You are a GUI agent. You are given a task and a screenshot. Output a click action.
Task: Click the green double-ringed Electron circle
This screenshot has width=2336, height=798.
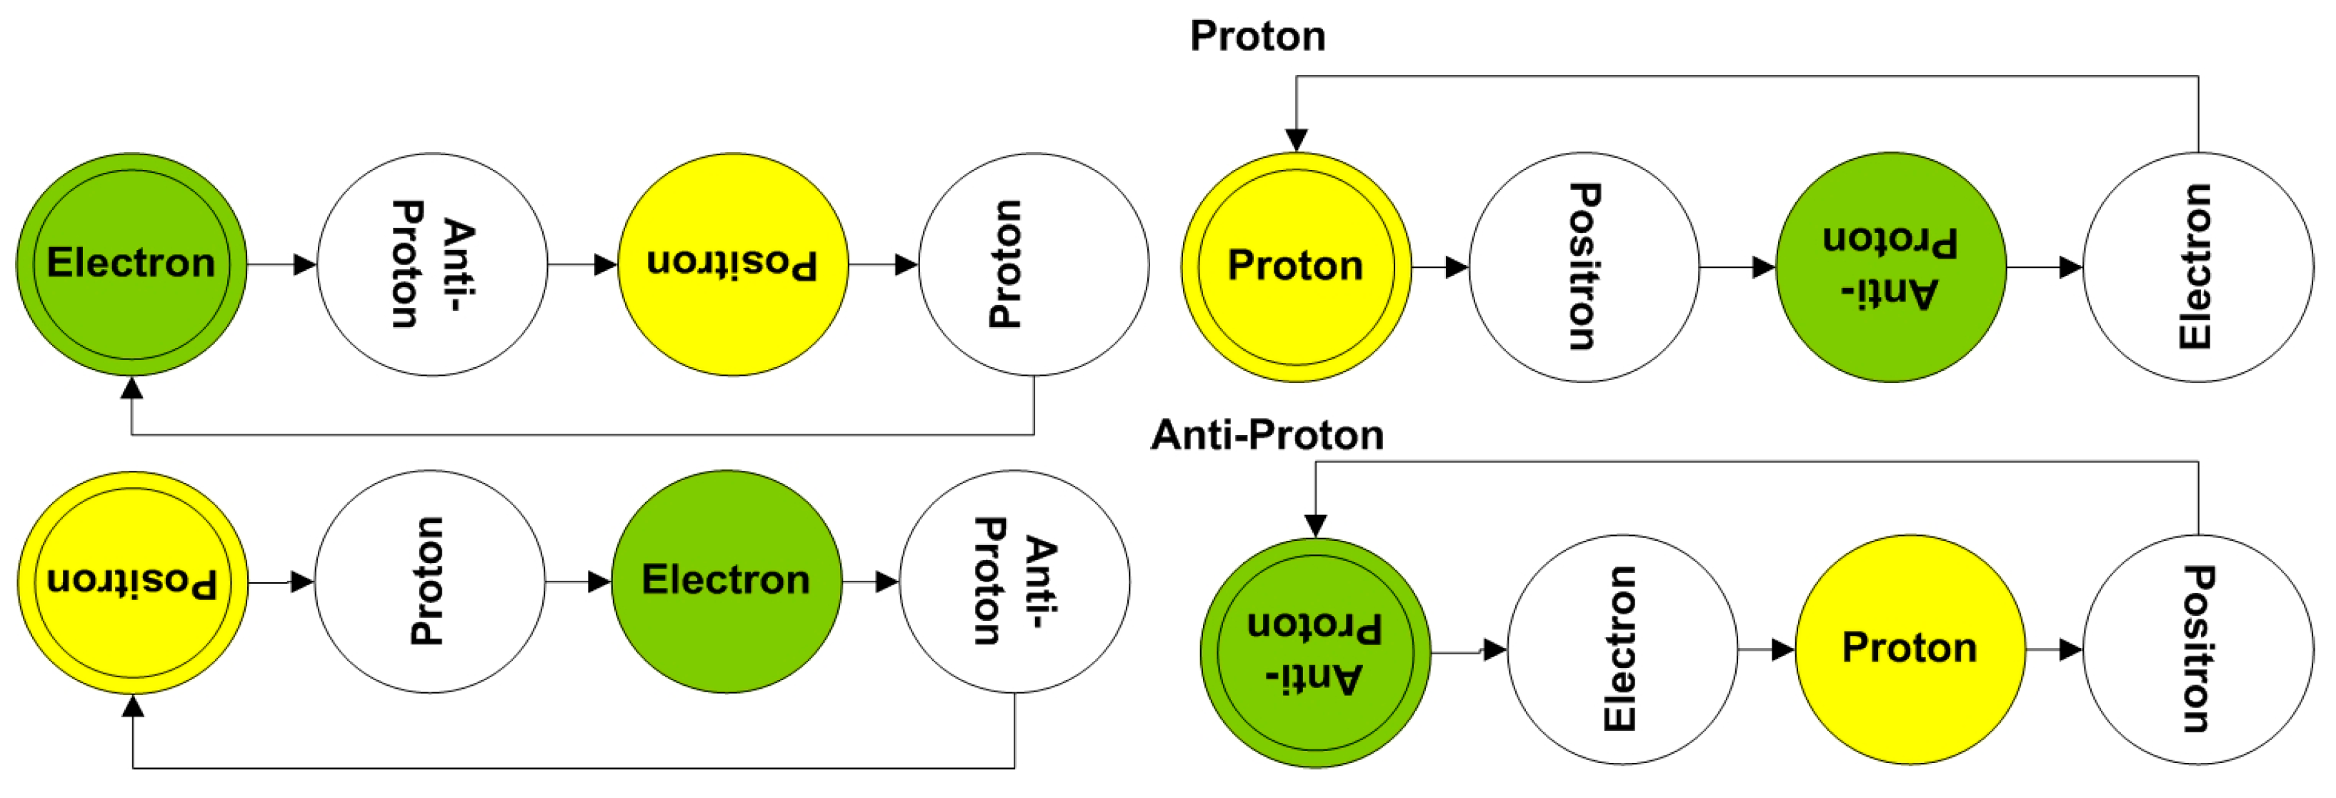click(131, 264)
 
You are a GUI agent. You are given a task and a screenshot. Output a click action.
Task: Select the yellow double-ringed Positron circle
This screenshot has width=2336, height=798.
click(132, 582)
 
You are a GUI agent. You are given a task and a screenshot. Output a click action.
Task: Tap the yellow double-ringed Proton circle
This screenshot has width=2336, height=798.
click(1296, 266)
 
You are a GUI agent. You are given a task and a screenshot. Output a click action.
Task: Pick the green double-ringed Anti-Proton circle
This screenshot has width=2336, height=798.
click(1315, 652)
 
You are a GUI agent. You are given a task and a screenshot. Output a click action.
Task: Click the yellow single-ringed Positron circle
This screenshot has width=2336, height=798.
click(733, 264)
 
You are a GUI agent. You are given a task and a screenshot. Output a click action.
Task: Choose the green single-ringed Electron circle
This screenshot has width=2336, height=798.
click(727, 582)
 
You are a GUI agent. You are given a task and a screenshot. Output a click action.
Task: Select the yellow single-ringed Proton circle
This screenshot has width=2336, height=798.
click(1910, 649)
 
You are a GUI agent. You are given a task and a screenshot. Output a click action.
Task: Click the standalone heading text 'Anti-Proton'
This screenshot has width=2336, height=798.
click(1267, 435)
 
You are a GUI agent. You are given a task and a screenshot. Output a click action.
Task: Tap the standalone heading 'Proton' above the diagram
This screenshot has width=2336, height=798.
click(1258, 36)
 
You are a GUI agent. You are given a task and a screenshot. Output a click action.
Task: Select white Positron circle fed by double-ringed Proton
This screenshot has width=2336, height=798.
click(1583, 266)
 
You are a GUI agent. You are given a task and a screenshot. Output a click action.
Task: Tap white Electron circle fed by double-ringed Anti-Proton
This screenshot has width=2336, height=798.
click(1622, 649)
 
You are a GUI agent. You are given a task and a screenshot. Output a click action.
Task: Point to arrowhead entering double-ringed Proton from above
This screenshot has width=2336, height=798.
click(1297, 141)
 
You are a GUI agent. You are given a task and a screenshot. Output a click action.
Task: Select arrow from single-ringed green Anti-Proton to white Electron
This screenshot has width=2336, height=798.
click(2044, 267)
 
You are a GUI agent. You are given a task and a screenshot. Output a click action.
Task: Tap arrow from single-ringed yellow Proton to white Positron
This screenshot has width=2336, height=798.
click(2054, 650)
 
